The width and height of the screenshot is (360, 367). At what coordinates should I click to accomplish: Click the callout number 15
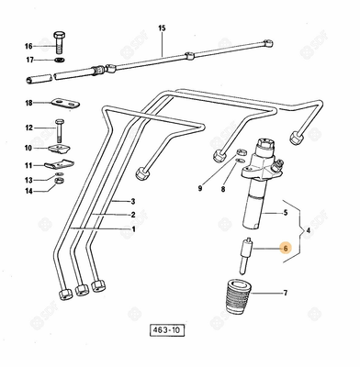tap(162, 29)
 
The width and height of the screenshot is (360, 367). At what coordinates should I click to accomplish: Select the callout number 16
tap(28, 46)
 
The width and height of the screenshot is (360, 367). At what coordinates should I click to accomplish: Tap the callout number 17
tap(28, 61)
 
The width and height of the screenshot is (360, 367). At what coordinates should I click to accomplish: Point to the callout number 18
tap(28, 103)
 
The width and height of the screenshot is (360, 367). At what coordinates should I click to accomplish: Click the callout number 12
tap(28, 128)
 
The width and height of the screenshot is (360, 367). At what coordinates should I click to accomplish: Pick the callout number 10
tap(28, 148)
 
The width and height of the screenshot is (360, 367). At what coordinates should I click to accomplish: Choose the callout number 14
tap(28, 191)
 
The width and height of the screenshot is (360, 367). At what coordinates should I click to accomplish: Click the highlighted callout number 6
tap(286, 248)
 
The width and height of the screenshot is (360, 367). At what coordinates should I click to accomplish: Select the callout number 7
tap(286, 294)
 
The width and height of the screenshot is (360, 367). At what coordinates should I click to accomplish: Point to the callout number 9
tap(198, 189)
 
